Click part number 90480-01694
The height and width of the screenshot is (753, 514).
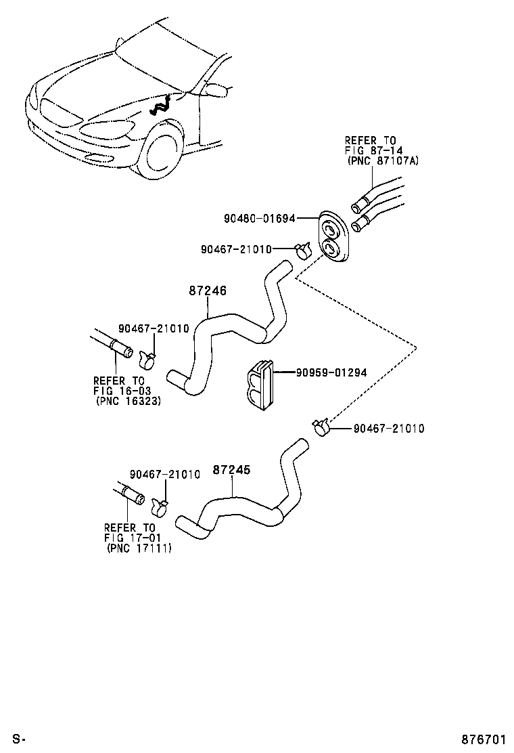pyautogui.click(x=260, y=219)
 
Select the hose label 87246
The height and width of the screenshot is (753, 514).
pyautogui.click(x=207, y=291)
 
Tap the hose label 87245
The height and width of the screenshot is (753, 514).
pyautogui.click(x=232, y=470)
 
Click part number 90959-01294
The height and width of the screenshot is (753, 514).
pyautogui.click(x=331, y=372)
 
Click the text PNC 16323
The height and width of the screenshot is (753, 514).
pyautogui.click(x=128, y=401)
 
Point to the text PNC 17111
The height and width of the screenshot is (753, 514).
pyautogui.click(x=139, y=548)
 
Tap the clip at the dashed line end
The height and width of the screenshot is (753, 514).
pyautogui.click(x=321, y=428)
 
